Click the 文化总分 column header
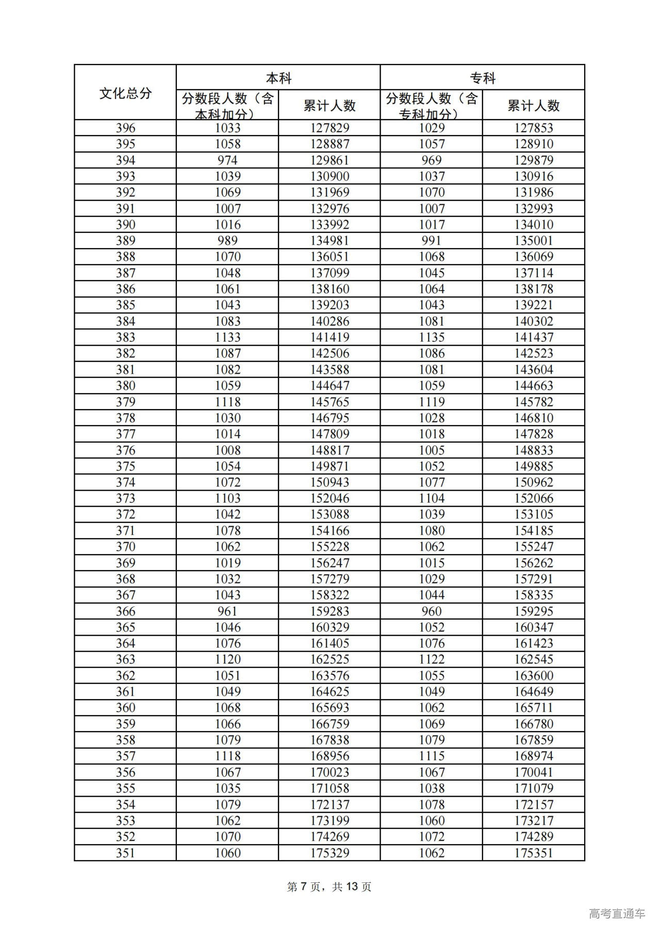pos(125,93)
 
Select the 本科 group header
pos(278,78)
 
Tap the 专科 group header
pos(483,78)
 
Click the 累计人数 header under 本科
pos(329,106)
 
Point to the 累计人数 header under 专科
pos(534,106)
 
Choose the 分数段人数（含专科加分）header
pos(432,106)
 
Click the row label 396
pos(125,128)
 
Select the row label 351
pos(125,853)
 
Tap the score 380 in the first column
pos(125,385)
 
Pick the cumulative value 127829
pos(329,128)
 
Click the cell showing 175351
pos(534,853)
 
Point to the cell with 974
pos(227,160)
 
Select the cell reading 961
pos(227,611)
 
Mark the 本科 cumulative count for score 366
pos(329,611)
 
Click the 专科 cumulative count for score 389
pos(534,240)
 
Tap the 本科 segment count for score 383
pos(227,337)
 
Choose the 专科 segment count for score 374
pos(432,482)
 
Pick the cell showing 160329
pos(329,627)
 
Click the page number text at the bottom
pos(329,887)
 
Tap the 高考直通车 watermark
pos(617,913)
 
